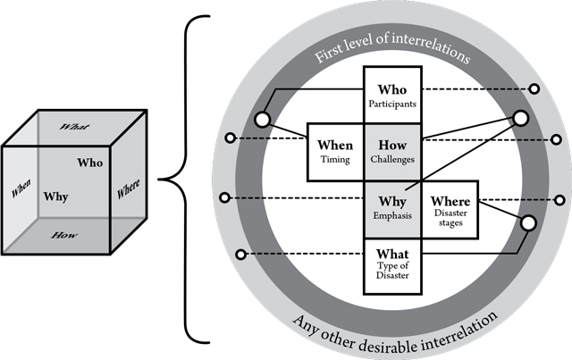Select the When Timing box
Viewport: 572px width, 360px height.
click(x=334, y=152)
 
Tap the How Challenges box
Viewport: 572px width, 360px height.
click(x=391, y=152)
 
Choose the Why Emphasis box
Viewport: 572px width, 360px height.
click(x=391, y=208)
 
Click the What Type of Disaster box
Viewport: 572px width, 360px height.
click(x=391, y=265)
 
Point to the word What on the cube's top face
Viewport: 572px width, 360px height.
click(x=74, y=128)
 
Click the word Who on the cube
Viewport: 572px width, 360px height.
click(x=90, y=163)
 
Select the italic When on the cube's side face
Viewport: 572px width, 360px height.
click(x=21, y=190)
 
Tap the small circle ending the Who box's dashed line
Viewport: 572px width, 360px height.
click(x=534, y=89)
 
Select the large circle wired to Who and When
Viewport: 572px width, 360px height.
click(x=262, y=120)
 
